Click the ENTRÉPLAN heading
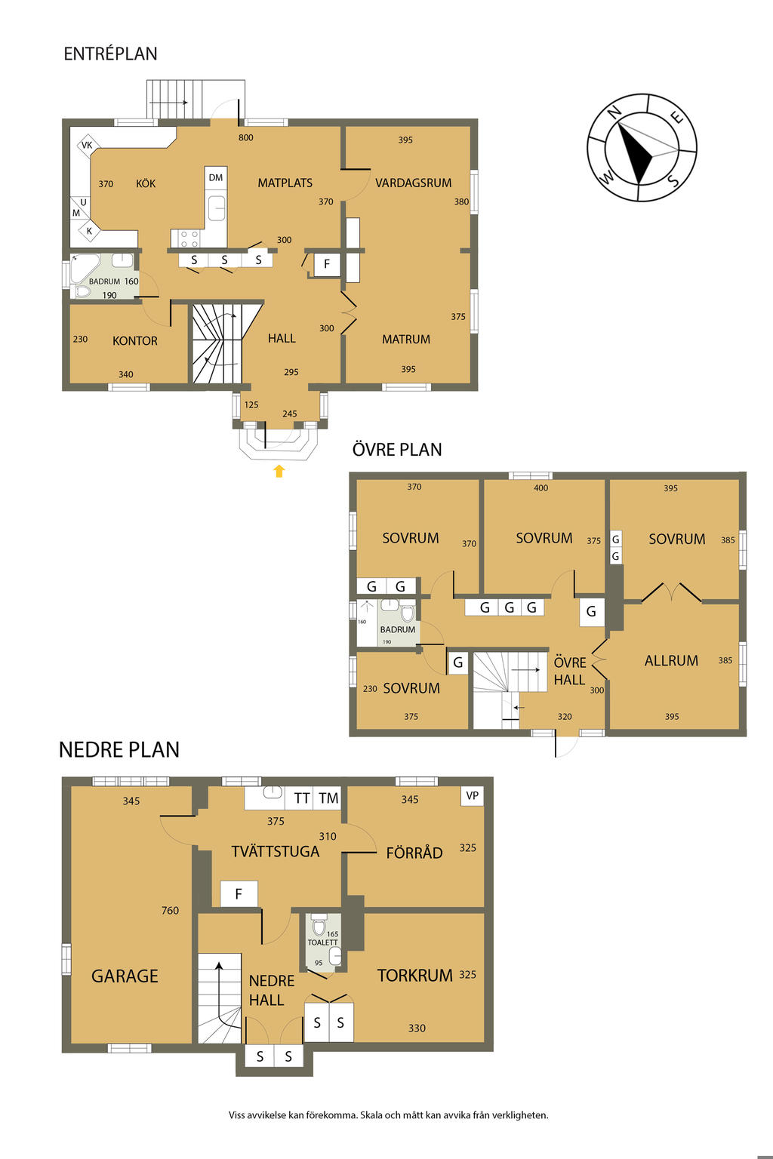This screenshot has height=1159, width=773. [110, 54]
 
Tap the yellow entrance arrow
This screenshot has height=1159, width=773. [279, 471]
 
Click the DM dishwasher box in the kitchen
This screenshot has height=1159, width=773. [215, 177]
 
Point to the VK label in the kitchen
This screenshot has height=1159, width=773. [87, 146]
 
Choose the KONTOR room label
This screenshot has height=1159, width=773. [135, 341]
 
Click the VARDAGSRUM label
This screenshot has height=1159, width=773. [413, 183]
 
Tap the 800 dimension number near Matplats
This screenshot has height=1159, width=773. [246, 137]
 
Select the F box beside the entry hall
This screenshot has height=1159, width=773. [327, 264]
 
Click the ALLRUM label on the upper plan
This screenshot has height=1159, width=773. [671, 661]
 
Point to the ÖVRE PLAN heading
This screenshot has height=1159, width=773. [397, 450]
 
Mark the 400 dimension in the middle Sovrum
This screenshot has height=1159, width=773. [541, 488]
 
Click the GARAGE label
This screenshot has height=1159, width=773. [125, 976]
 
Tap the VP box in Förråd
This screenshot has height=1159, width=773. [473, 795]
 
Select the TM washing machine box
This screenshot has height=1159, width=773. [328, 798]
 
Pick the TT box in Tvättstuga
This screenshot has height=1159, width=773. [301, 798]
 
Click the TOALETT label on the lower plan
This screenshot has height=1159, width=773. [322, 942]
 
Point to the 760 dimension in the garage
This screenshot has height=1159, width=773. [171, 910]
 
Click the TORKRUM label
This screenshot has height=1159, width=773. [415, 976]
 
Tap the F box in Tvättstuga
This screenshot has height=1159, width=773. [239, 893]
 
